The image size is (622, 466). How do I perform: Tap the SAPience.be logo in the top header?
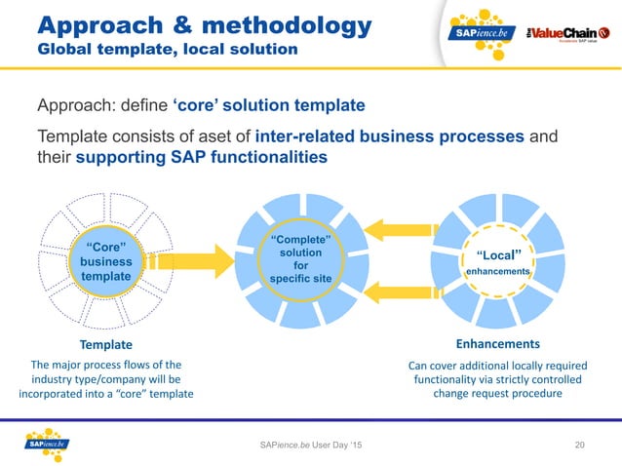[481, 32]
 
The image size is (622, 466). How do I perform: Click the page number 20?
[581, 446]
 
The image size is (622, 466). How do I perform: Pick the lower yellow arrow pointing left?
[401, 287]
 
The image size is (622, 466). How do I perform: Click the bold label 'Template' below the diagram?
[104, 344]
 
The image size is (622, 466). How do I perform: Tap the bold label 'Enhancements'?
[497, 344]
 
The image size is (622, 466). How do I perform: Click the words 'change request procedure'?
[497, 393]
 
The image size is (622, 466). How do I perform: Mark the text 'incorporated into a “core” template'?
[106, 393]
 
